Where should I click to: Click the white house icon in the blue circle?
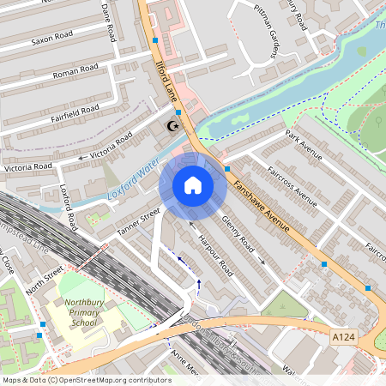(x=193, y=184)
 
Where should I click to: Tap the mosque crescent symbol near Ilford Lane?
(x=173, y=127)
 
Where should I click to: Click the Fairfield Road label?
(x=75, y=112)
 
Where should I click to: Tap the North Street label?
(x=45, y=278)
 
